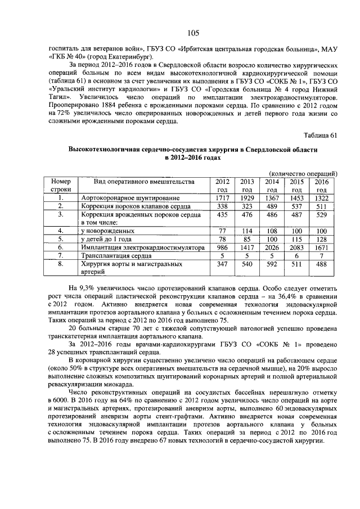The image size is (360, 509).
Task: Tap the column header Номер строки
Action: click(61, 186)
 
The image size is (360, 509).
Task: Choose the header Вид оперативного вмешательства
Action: click(144, 182)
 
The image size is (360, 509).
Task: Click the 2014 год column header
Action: click(272, 186)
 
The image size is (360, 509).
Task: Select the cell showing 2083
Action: click(296, 247)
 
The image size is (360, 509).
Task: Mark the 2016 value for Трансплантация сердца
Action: click(321, 255)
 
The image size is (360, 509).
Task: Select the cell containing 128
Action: click(321, 239)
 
